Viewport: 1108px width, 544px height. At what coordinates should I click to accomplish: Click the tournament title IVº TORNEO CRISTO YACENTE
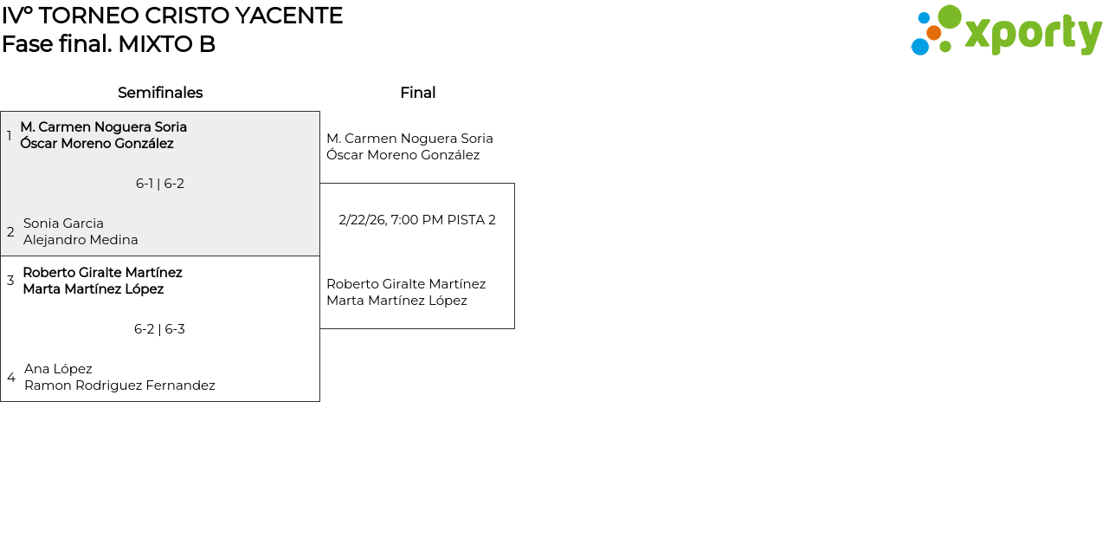pyautogui.click(x=172, y=16)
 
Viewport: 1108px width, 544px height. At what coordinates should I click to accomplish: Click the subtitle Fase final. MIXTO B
pyautogui.click(x=108, y=44)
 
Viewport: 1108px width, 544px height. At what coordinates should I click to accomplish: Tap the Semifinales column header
pyautogui.click(x=160, y=93)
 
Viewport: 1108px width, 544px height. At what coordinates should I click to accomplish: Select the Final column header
pyautogui.click(x=417, y=93)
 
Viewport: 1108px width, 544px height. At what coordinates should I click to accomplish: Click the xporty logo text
pyautogui.click(x=1033, y=34)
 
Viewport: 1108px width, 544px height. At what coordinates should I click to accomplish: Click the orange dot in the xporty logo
pyautogui.click(x=934, y=33)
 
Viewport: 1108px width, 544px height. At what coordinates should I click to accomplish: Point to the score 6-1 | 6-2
pyautogui.click(x=160, y=184)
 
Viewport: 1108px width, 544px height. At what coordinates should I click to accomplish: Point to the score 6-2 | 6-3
pyautogui.click(x=159, y=329)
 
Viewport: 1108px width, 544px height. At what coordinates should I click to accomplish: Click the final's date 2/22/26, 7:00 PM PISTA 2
pyautogui.click(x=417, y=220)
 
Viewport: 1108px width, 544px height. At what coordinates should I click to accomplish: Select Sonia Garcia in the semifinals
pyautogui.click(x=63, y=223)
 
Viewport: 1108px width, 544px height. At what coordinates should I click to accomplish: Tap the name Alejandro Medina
pyautogui.click(x=81, y=240)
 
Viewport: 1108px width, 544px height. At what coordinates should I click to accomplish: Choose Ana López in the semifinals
pyautogui.click(x=58, y=369)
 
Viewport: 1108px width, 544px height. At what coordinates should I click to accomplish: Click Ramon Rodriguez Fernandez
pyautogui.click(x=119, y=385)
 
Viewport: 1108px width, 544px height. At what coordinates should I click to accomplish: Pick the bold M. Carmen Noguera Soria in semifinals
pyautogui.click(x=104, y=127)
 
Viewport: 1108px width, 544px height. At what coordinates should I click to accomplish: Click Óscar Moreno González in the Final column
pyautogui.click(x=403, y=155)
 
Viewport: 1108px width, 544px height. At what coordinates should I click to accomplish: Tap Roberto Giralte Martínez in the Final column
pyautogui.click(x=406, y=284)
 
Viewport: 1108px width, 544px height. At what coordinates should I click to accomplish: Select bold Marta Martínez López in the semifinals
pyautogui.click(x=93, y=289)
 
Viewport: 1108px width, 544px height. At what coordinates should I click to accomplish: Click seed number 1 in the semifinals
pyautogui.click(x=10, y=136)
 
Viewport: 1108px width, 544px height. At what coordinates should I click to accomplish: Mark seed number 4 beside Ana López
pyautogui.click(x=11, y=378)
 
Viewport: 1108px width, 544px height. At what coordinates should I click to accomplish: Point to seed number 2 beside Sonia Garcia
pyautogui.click(x=10, y=232)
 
